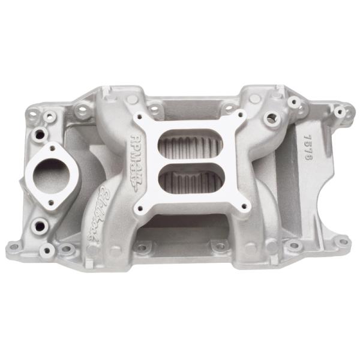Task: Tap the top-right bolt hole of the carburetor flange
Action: click(241, 115)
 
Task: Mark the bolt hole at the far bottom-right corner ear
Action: click(341, 242)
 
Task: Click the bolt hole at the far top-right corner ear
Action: click(340, 112)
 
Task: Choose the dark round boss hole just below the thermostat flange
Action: click(43, 227)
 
